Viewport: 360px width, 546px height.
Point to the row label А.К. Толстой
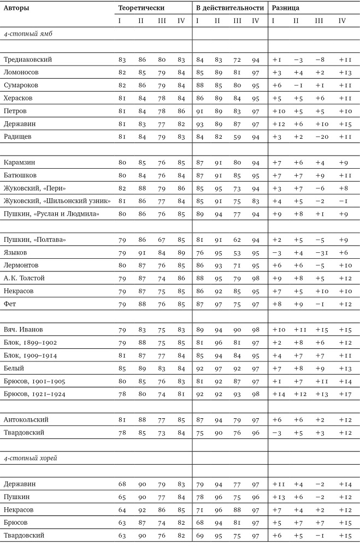click(x=24, y=278)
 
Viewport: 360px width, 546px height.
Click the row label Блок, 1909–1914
click(x=30, y=355)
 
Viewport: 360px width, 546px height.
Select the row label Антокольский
click(x=26, y=420)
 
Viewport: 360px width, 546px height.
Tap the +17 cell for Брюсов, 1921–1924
click(x=343, y=394)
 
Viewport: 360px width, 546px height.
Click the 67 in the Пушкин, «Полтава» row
click(x=161, y=240)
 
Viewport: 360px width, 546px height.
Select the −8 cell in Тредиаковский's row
click(x=319, y=60)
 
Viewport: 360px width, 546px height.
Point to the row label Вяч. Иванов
click(x=23, y=330)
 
